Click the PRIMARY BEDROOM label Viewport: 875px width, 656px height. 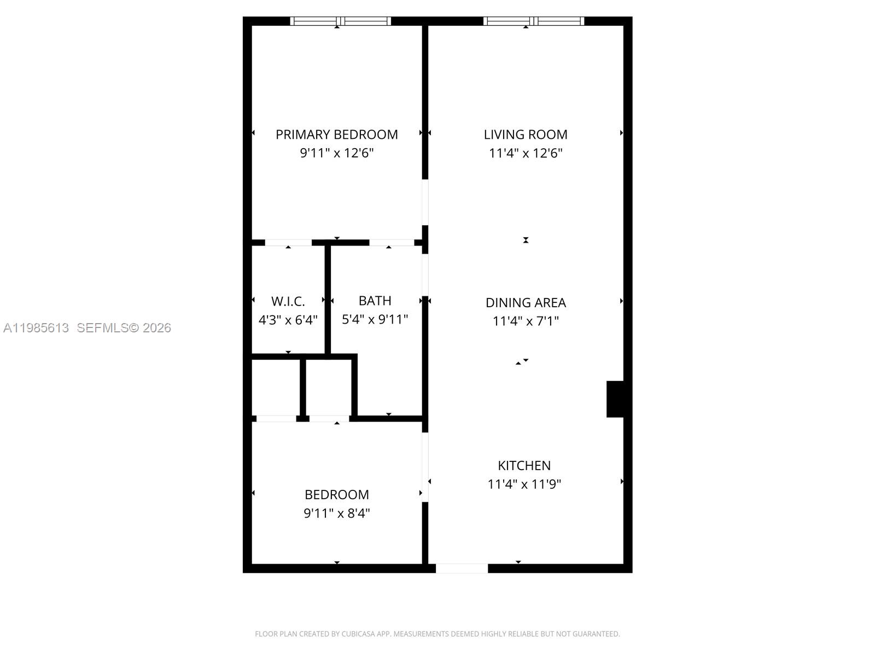[336, 134]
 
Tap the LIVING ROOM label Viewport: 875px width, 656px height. [526, 134]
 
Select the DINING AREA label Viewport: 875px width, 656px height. [526, 302]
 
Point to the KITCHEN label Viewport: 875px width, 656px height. [524, 465]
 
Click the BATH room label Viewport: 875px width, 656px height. [375, 301]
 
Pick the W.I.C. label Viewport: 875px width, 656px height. [288, 301]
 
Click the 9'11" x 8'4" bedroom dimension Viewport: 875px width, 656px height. [336, 513]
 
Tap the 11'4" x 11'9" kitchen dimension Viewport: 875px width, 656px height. [524, 484]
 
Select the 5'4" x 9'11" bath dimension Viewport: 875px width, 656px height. [375, 319]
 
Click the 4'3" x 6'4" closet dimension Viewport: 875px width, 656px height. [288, 320]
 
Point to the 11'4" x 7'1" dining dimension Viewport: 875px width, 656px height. [526, 321]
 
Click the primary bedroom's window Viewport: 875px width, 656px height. [340, 21]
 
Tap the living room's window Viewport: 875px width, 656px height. [534, 21]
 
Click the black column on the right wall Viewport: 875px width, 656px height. [616, 399]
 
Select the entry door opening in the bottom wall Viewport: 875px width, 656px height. [462, 569]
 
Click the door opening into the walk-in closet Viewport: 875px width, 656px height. [288, 243]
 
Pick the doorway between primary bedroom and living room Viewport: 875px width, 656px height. [425, 202]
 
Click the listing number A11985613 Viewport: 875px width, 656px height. [36, 328]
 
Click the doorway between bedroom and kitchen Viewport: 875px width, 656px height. [425, 467]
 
